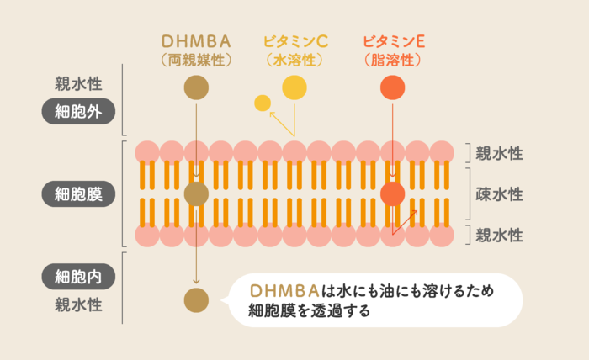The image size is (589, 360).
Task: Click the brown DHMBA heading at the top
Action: pos(195,40)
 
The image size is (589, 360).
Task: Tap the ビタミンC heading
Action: pos(294,40)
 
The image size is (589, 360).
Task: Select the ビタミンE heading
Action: pos(393,40)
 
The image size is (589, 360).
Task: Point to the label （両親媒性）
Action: pos(195,61)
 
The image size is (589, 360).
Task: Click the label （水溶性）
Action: pos(294,61)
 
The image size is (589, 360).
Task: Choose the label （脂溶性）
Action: pos(393,61)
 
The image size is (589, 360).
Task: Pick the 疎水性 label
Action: pos(499,194)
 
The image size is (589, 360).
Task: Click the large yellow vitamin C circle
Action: pos(294,87)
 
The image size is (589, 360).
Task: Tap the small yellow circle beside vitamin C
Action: pos(263,103)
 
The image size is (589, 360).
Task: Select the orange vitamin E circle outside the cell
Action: pos(393,87)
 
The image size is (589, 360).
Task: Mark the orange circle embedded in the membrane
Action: pos(393,194)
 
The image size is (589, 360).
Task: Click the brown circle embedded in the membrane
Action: pos(195,194)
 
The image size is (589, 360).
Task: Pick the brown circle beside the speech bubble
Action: pos(195,299)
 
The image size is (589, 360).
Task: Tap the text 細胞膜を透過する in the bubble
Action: pos(310,310)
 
